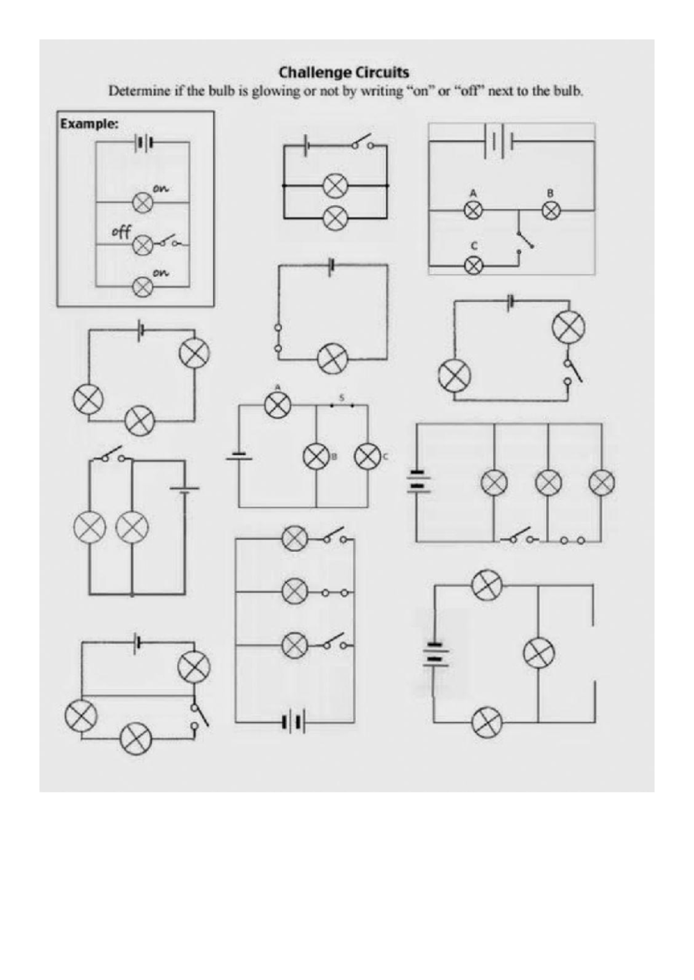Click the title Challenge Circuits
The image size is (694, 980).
pos(344,72)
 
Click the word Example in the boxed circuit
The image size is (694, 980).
pos(89,124)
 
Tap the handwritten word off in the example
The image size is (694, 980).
pos(121,232)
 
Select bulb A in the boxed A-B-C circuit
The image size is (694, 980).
pos(473,211)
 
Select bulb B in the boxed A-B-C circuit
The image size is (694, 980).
pos(551,211)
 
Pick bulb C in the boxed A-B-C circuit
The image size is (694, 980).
pos(473,265)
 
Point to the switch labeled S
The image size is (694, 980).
pos(342,406)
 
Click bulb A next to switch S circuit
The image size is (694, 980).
pos(278,405)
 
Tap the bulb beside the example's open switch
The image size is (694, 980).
pos(143,246)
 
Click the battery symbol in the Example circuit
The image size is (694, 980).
pos(144,143)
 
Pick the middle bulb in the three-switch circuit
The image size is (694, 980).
pos(295,592)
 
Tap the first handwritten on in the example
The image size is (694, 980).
pos(161,189)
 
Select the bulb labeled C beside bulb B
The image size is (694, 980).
pos(367,456)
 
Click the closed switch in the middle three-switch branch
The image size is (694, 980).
pos(335,593)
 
